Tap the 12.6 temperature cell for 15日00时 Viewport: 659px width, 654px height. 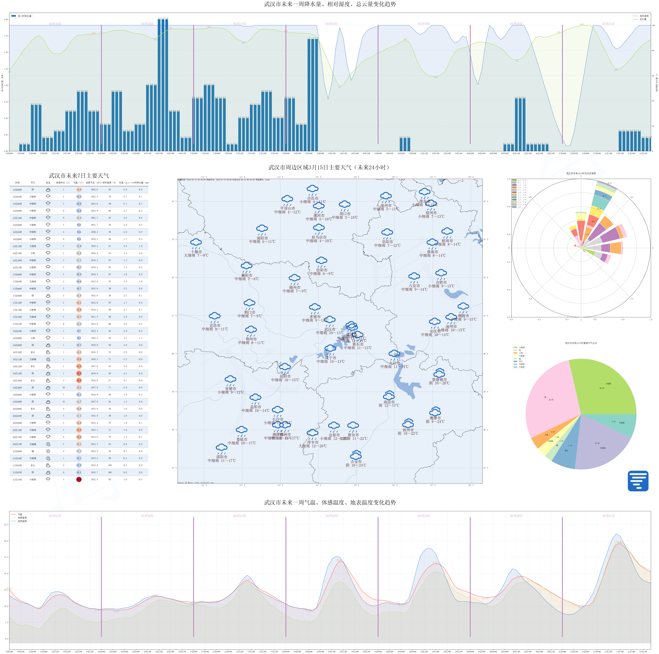(x=79, y=190)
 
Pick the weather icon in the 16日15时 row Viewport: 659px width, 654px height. (x=48, y=253)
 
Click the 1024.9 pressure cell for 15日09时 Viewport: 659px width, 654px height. (x=94, y=211)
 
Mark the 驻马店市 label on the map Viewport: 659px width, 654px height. (x=319, y=237)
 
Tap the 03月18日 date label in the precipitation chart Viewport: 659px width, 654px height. (x=332, y=24)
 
